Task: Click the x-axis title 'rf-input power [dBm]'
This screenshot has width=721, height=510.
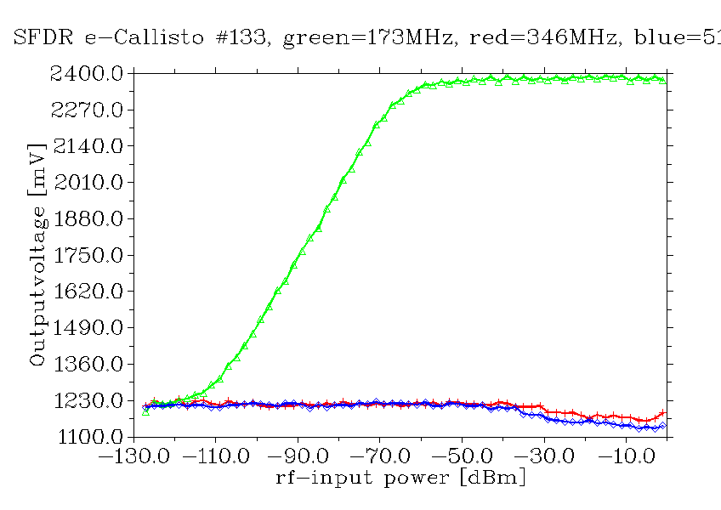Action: click(x=400, y=478)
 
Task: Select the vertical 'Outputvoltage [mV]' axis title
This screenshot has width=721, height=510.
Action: click(x=37, y=255)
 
